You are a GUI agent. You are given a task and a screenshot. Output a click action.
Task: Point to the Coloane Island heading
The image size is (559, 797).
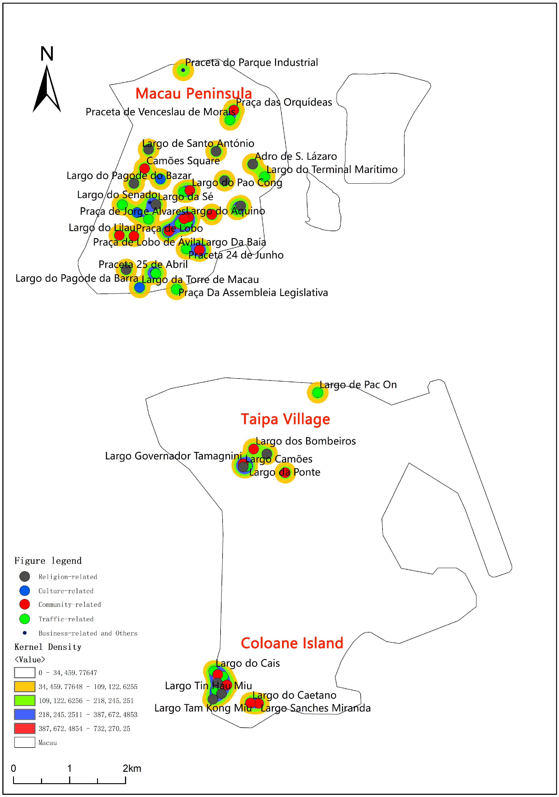click(x=292, y=643)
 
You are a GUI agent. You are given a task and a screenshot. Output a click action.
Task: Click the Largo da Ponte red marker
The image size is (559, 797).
click(x=285, y=472)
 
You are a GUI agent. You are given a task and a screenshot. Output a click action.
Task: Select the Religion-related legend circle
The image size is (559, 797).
click(x=25, y=577)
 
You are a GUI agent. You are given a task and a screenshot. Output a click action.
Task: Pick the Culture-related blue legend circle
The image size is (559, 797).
click(x=25, y=590)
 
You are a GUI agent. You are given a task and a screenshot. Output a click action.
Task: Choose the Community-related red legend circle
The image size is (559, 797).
click(x=25, y=604)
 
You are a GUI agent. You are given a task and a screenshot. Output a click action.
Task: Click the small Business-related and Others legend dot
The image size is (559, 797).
click(x=25, y=633)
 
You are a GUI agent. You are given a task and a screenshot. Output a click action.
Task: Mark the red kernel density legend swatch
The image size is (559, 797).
click(x=25, y=728)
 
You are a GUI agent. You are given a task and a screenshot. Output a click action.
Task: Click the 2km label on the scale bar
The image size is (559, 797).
click(x=132, y=768)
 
